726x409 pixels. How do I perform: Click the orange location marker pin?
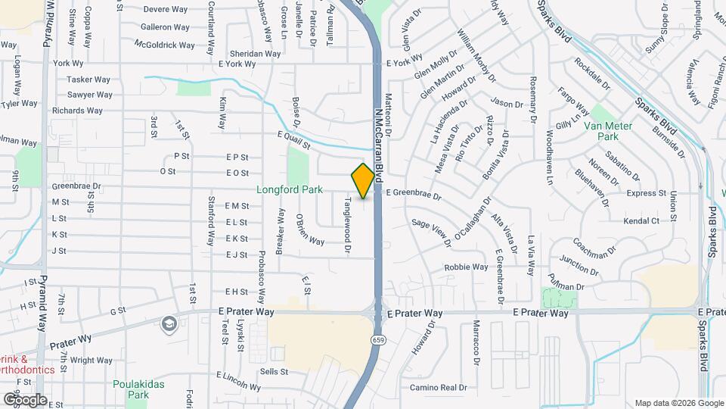pyautogui.click(x=363, y=180)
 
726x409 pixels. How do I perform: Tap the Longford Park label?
pyautogui.click(x=290, y=189)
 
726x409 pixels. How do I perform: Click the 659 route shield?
pyautogui.click(x=375, y=341)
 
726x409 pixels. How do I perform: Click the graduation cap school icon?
pyautogui.click(x=168, y=325)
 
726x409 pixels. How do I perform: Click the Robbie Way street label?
pyautogui.click(x=466, y=267)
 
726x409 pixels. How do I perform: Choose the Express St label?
pyautogui.click(x=647, y=194)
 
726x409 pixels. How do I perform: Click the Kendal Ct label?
pyautogui.click(x=641, y=220)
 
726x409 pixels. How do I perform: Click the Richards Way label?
pyautogui.click(x=77, y=111)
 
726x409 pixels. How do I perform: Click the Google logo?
pyautogui.click(x=25, y=399)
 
